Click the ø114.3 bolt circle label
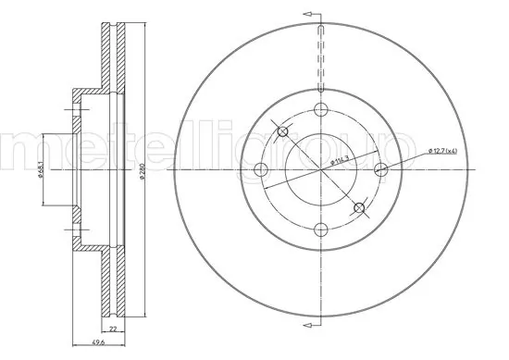(x=341, y=163)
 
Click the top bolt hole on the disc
(x=321, y=111)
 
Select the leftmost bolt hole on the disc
(x=261, y=170)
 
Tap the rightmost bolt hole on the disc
(x=380, y=170)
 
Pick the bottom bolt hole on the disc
(x=321, y=230)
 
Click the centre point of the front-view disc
(x=321, y=170)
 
